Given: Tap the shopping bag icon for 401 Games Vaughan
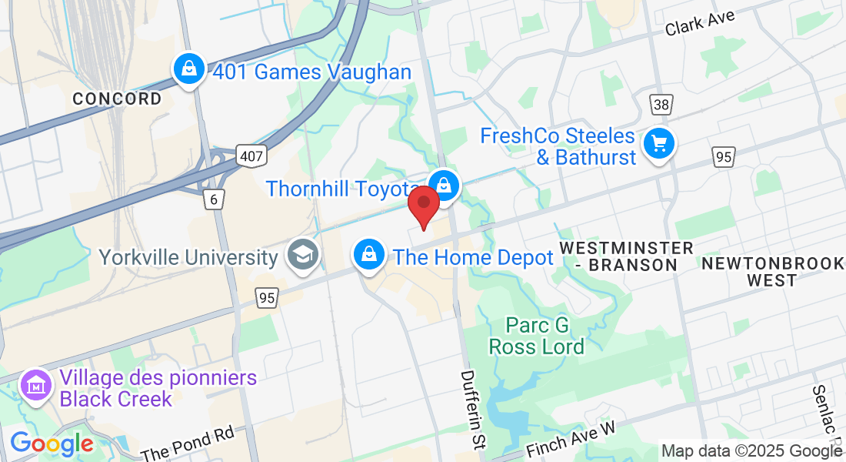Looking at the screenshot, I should click(x=188, y=70).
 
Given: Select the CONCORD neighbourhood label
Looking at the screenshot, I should click(x=117, y=99).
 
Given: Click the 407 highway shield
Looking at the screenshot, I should click(x=251, y=156).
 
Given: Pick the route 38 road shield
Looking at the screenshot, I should click(x=660, y=105).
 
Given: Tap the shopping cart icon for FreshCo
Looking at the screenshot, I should click(x=658, y=144).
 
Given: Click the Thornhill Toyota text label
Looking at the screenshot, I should click(x=343, y=189).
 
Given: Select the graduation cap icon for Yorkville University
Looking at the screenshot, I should click(x=302, y=255).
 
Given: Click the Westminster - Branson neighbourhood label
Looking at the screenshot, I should click(x=626, y=256).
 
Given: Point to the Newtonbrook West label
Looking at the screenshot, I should click(x=772, y=272).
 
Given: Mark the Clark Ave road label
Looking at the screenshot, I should click(x=701, y=22).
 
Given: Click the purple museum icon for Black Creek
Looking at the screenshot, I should click(x=35, y=385).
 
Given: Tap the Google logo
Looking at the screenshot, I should click(x=52, y=444).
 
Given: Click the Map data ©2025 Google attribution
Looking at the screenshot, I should click(x=751, y=451).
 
